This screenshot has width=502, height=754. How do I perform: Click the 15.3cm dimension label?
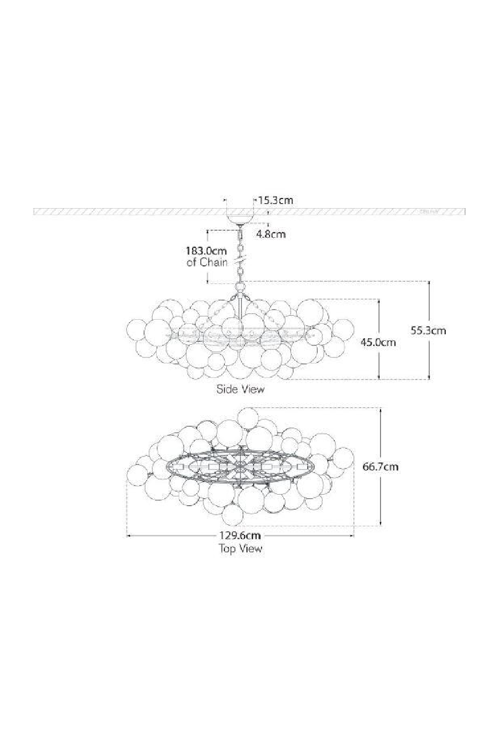pos(275,200)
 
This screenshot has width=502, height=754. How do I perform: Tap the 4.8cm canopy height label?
pos(271,233)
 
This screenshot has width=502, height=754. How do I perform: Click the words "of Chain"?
pos(207,262)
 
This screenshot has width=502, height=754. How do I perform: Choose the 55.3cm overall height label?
pos(428,330)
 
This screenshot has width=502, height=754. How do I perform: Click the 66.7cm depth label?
pos(381,466)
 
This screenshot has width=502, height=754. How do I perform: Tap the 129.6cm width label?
pos(240,535)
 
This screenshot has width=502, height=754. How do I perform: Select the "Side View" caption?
pos(240,389)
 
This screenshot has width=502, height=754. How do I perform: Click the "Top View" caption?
pos(240,548)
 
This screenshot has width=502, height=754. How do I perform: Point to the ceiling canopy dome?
pos(240,219)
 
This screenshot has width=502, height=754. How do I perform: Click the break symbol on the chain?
pos(240,262)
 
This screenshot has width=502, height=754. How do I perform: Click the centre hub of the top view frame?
pos(240,466)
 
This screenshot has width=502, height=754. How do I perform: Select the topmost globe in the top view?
pos(248,418)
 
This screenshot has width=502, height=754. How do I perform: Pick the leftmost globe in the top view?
pos(137,474)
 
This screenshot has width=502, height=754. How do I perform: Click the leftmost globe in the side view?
pos(136,330)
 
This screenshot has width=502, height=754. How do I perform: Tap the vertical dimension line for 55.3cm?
pos(429,352)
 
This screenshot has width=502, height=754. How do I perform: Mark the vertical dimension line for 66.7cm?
pos(382,493)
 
